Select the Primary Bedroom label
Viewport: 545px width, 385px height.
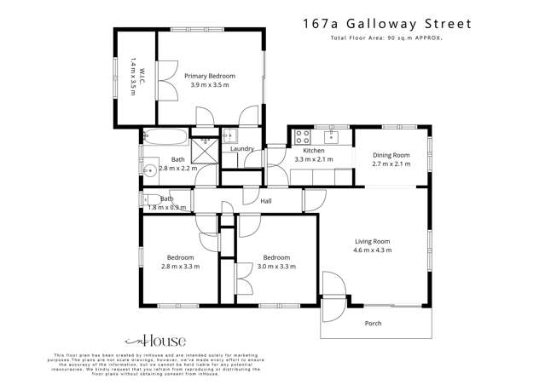tap(209, 76)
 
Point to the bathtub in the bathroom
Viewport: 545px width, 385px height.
tap(165, 136)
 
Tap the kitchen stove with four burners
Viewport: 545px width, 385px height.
tap(302, 136)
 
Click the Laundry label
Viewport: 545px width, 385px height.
tap(242, 149)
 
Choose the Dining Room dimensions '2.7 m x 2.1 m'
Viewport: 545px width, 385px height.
tap(391, 164)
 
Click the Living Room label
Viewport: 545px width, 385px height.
tap(373, 241)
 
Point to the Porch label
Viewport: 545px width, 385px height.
tap(373, 324)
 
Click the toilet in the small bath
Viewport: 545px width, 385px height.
tap(150, 199)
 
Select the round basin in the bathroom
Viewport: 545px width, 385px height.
tap(149, 169)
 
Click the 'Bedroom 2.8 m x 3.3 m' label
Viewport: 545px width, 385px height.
tap(180, 261)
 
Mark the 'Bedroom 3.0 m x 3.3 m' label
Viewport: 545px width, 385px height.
tap(276, 261)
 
